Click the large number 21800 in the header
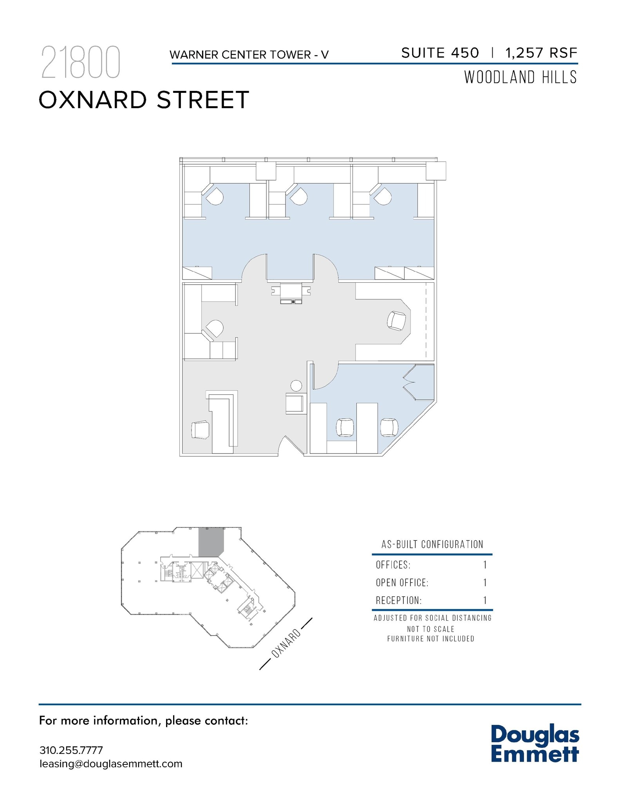pos(80,63)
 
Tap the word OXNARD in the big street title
pos(92,100)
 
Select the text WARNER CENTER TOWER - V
pos(249,55)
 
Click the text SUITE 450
pos(440,53)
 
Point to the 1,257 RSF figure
pos(541,53)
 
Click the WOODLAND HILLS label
pos(521,77)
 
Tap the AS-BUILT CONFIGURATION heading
pos(432,544)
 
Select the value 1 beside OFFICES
pos(485,565)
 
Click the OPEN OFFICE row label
pos(402,583)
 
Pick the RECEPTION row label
pos(399,600)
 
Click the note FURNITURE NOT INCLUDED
pos(431,639)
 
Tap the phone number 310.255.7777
pos(71,750)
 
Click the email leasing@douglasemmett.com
pos(111,764)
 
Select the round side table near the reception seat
pos(296,386)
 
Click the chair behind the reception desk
pos(200,430)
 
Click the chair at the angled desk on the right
pos(396,321)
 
